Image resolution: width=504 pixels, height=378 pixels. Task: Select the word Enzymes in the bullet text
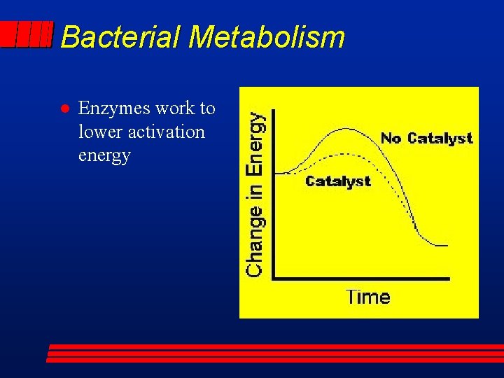108,108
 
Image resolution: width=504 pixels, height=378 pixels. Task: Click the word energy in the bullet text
104,155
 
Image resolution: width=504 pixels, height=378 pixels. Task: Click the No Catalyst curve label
426,138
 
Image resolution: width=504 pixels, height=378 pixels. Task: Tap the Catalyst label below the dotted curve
338,181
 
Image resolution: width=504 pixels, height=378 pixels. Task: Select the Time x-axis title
367,297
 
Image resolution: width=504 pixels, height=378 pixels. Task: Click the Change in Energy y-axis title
256,195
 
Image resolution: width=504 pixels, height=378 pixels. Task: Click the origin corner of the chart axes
274,279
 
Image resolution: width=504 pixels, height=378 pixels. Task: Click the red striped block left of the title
27,34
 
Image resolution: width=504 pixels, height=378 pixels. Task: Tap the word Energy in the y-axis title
256,144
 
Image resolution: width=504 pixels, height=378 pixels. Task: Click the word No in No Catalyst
391,138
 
